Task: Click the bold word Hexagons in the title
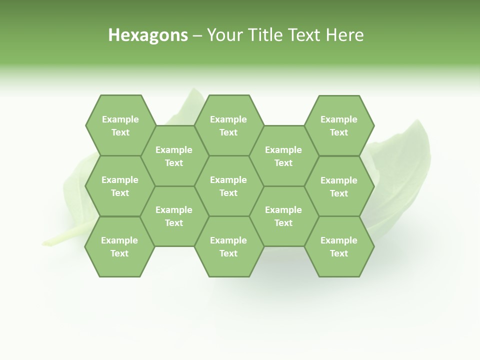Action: tap(148, 35)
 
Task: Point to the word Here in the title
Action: tap(345, 35)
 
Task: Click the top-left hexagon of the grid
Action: tap(120, 125)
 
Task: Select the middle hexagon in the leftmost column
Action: tap(120, 186)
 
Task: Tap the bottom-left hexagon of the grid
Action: tap(119, 246)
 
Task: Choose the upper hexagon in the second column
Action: tap(174, 156)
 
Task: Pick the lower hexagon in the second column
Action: tap(174, 216)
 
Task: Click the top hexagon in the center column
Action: tap(228, 125)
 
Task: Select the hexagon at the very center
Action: tap(228, 186)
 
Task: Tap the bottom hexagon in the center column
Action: tap(228, 246)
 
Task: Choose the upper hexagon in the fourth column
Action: tap(283, 156)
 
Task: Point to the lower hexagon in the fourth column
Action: tap(283, 216)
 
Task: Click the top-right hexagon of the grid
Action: tap(339, 125)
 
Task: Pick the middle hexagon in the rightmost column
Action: tap(339, 186)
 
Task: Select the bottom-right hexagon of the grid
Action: tap(339, 246)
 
